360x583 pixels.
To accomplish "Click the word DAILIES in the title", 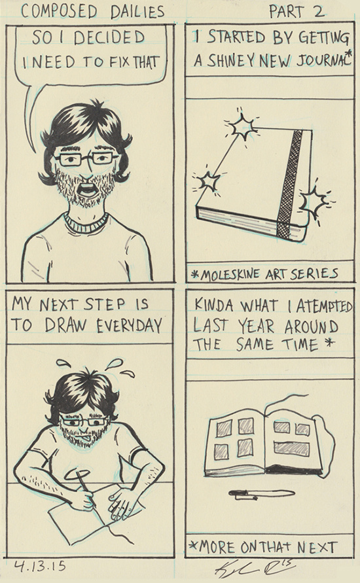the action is coord(137,12).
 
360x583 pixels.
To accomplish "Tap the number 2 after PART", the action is coord(318,12).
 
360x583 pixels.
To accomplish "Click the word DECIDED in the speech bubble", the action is coord(109,38).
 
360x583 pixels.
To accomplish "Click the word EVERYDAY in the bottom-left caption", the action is coord(130,326).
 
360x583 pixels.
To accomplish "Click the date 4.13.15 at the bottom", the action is coord(40,566).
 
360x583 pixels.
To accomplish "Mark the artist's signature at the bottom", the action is coord(255,569).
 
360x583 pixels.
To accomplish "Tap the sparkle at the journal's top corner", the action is coord(242,126).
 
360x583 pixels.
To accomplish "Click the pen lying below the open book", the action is coord(261,494).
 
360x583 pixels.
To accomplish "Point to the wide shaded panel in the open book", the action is coord(291,448).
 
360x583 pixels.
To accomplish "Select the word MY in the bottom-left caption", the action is coord(22,304).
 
